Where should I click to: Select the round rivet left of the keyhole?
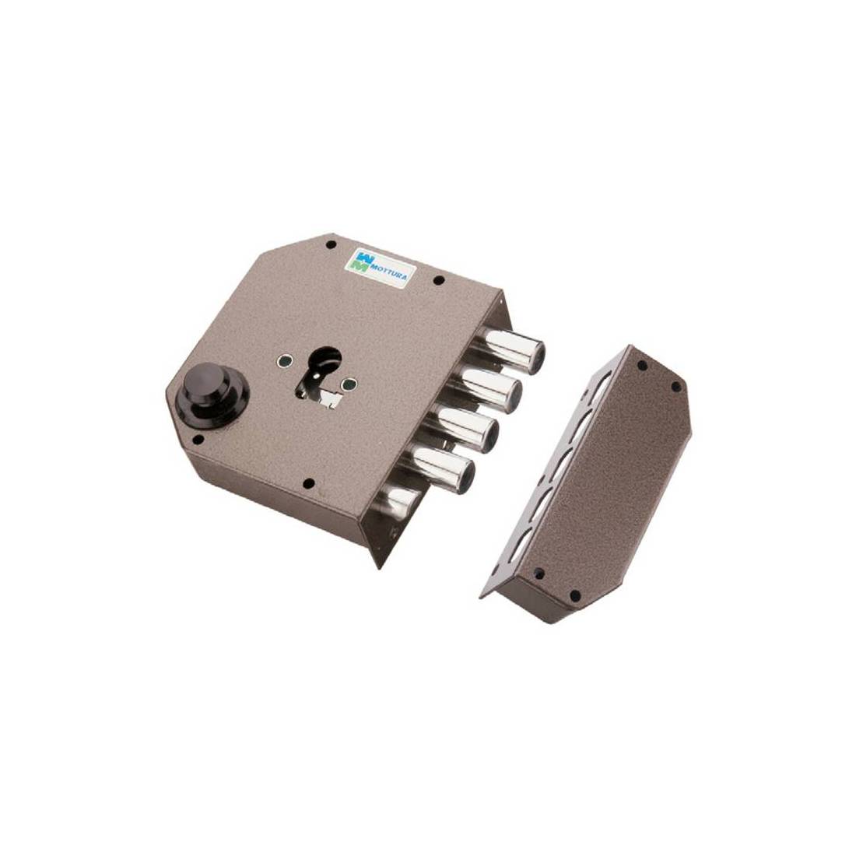[284, 361]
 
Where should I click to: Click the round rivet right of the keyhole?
[346, 385]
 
